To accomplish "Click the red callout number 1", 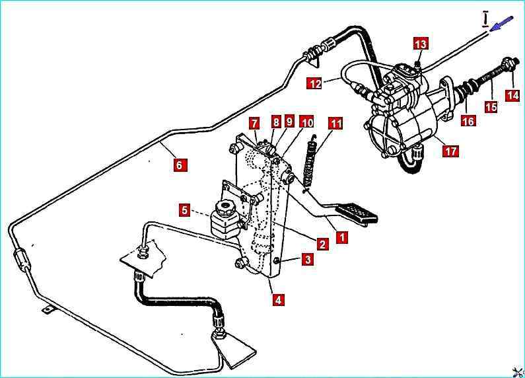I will point(341,236).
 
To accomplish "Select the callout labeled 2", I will point(322,244).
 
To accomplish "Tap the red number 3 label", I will point(308,260).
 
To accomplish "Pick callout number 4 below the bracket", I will point(279,299).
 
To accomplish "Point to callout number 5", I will point(186,211).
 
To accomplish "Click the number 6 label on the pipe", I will point(179,165).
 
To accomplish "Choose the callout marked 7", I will point(254,123).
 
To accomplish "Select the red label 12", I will point(315,83).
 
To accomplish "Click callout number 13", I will point(421,44).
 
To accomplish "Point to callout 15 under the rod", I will point(491,106).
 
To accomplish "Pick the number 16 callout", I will point(468,121).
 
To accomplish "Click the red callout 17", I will point(450,151).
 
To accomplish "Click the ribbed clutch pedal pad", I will point(357,214).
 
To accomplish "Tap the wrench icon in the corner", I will point(516,369).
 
